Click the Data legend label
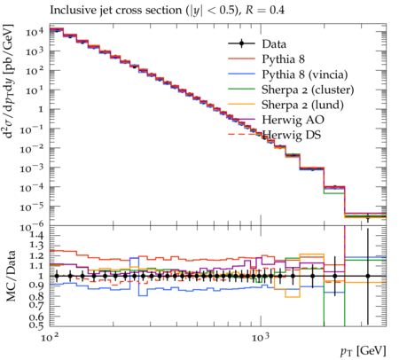coord(274,44)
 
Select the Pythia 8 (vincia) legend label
coord(305,74)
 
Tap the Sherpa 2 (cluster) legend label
coord(308,90)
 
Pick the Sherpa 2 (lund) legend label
coord(302,105)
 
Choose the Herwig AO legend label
coord(293,120)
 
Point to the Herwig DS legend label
coord(292,135)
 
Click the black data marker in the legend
coord(241,43)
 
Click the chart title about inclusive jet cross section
coord(167,11)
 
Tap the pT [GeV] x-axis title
coord(364,351)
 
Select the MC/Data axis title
coord(12,276)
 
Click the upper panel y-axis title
coord(9,82)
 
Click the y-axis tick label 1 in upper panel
coord(40,110)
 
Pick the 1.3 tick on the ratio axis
coord(36,246)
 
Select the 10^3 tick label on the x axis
coord(261,337)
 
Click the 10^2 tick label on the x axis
coord(50,337)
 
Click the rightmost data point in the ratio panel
coord(368,276)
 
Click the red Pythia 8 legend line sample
coord(241,59)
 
